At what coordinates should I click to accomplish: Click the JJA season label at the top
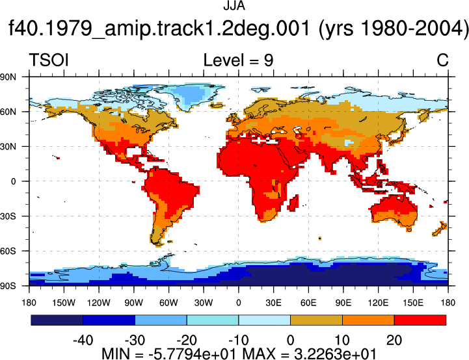coord(234,6)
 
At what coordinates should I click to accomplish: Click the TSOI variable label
coord(49,60)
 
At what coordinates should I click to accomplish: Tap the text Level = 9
coord(238,60)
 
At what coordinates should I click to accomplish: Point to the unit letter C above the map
coord(442,60)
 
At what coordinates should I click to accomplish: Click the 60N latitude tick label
coord(8,112)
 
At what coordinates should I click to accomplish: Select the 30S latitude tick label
coord(8,216)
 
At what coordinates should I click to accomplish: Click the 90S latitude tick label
coord(8,286)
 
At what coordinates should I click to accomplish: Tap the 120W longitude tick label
coord(99,303)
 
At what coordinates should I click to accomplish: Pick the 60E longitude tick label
coord(308,303)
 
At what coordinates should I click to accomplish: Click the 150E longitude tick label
coord(413,303)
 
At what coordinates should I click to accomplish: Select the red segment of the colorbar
coord(420,320)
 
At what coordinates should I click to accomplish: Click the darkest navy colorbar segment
coord(57,320)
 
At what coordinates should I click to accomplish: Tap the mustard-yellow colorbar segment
coord(316,320)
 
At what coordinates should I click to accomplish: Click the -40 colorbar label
coord(83,341)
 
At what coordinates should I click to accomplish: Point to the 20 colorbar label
coord(394,341)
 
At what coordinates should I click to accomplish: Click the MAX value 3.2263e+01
coord(335,354)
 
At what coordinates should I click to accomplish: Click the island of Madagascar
coord(294,203)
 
